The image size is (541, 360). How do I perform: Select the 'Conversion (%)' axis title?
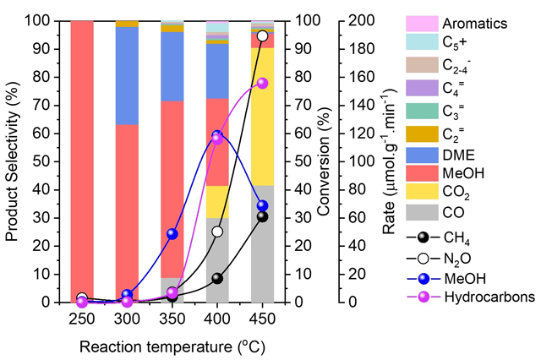pos(322,161)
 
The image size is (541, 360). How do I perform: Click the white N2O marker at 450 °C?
pos(262,36)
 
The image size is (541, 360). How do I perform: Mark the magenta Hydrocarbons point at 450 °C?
pos(262,83)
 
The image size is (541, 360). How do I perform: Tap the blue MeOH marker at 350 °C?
pos(172,233)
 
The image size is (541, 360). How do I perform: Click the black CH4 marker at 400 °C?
pos(217,278)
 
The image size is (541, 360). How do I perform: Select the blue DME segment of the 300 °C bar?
pos(127,76)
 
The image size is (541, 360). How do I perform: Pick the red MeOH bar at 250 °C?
pos(81,161)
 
